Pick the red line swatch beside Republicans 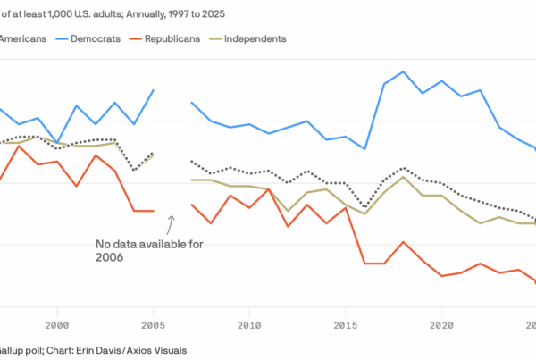tap(139, 38)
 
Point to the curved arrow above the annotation tap(172, 222)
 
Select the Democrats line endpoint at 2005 tap(154, 90)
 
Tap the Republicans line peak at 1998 tap(19, 146)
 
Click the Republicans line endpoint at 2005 tap(154, 211)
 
